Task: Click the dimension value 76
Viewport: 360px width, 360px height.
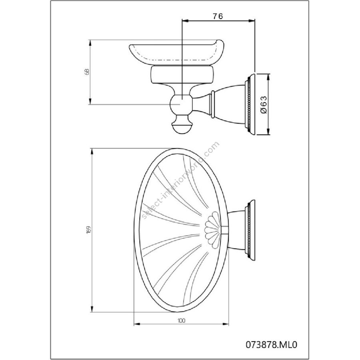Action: pyautogui.click(x=218, y=16)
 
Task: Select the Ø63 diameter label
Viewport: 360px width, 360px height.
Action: pyautogui.click(x=264, y=104)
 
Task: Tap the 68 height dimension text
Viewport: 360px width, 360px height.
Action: pyautogui.click(x=87, y=72)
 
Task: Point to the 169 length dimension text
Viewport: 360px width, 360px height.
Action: pyautogui.click(x=89, y=230)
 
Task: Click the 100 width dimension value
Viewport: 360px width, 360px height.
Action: pyautogui.click(x=181, y=320)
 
